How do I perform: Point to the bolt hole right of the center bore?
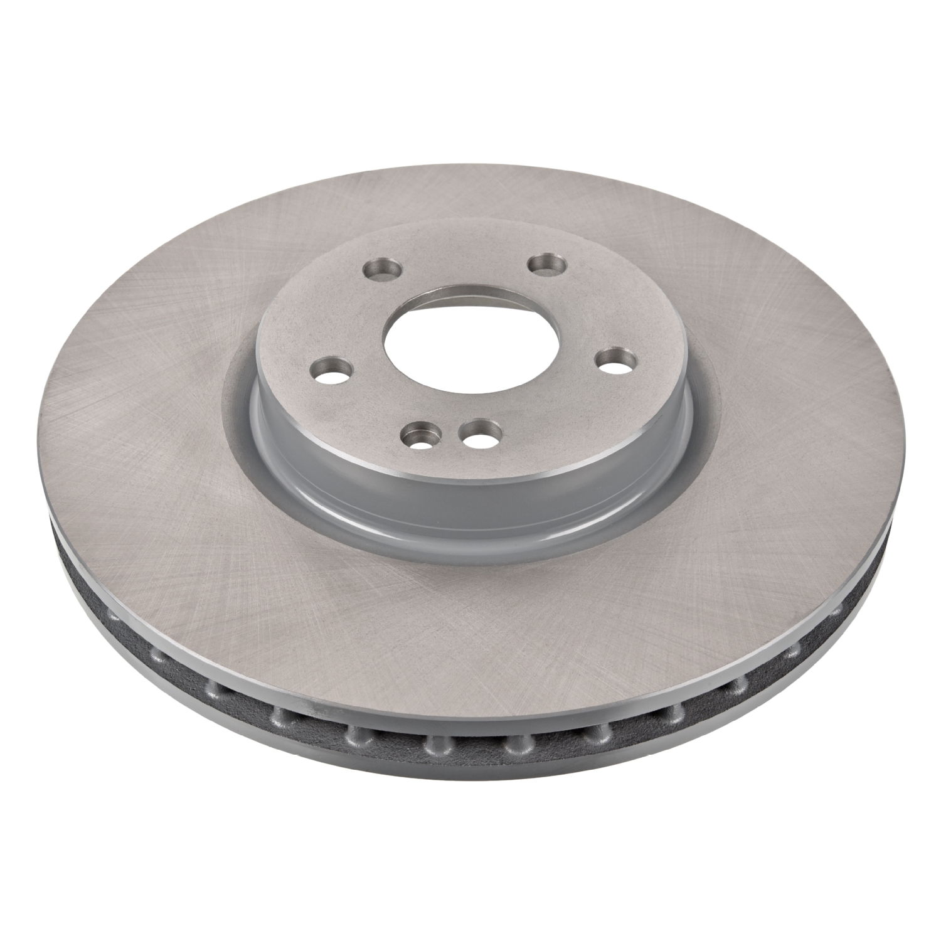point(614,361)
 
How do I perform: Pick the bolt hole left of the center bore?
point(332,368)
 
